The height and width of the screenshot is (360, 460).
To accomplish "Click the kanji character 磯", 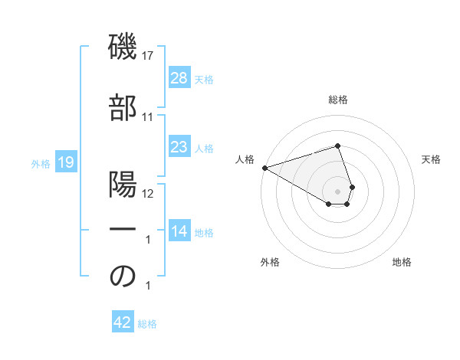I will [123, 47].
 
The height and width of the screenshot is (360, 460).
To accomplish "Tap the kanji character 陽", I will [123, 185].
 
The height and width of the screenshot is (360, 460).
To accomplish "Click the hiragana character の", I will [123, 277].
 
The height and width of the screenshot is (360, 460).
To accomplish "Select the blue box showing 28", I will [179, 78].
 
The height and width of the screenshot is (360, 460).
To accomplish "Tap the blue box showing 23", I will [179, 147].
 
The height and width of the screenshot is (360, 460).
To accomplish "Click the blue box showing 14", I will [179, 231].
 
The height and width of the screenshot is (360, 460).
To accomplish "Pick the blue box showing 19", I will [65, 162].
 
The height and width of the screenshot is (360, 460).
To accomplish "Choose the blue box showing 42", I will [123, 323].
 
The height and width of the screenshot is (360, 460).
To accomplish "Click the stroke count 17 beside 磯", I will [148, 55].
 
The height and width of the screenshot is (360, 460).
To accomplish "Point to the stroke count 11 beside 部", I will [148, 116].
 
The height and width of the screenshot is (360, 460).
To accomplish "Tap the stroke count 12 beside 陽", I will [148, 193].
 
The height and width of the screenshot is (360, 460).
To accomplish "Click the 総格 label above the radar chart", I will [337, 100].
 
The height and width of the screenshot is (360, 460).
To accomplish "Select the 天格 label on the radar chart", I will [432, 159].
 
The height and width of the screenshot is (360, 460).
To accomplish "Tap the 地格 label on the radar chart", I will [402, 262].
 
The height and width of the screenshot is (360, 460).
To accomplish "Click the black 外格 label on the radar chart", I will [270, 262].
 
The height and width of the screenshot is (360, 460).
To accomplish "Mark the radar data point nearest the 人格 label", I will [264, 168].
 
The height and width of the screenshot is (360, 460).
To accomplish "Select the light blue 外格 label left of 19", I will [40, 163].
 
